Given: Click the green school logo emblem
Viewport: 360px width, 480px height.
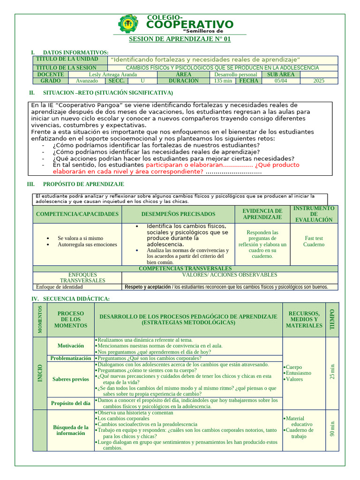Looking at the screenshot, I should tap(128, 23).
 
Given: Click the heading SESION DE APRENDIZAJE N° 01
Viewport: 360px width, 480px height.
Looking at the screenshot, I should tap(180, 39).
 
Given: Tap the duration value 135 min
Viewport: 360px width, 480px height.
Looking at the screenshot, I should tap(223, 81).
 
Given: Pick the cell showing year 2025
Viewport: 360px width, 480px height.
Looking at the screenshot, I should tap(319, 81).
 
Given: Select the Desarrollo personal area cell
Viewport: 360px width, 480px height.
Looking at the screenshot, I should tap(235, 74).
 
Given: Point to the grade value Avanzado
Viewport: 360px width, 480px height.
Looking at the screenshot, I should tap(87, 81).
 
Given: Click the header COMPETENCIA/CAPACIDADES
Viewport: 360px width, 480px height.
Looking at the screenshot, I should tap(77, 214).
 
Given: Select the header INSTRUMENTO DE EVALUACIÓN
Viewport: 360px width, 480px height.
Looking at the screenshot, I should tap(314, 214).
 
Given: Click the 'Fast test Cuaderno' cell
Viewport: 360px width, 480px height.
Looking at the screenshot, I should tap(314, 241).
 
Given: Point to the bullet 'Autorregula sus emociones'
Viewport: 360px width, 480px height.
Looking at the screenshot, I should tap(87, 245).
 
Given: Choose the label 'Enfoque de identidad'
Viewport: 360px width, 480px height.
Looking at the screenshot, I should tap(59, 287).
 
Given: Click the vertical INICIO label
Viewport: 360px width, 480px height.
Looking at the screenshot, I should tap(40, 373).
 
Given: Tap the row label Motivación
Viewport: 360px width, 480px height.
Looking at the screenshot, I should tap(71, 345).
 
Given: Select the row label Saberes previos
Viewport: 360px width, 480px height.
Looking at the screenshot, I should tap(71, 379).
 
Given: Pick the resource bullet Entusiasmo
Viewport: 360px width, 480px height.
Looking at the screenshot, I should tap(298, 373).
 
